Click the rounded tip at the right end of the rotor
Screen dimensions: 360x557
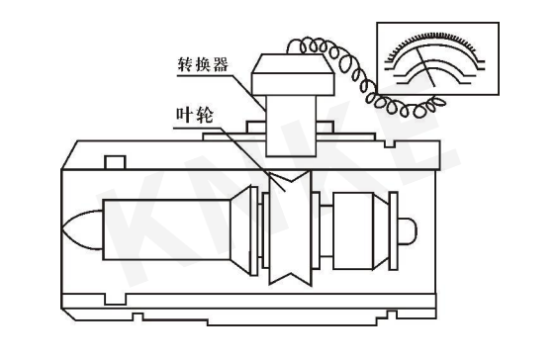coord(410,230)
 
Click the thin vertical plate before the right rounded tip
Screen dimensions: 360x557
coord(392,230)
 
